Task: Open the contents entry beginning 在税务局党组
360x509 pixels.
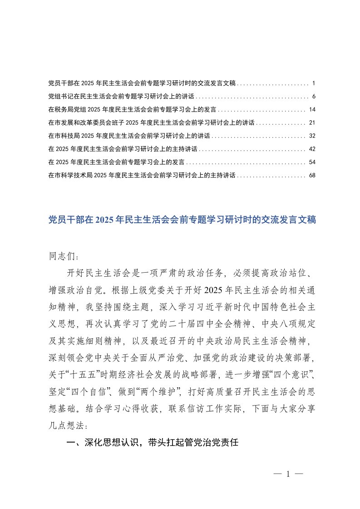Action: coord(131,110)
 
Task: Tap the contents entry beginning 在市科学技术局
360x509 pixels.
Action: coord(141,175)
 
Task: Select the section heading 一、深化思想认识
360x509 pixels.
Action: coord(152,443)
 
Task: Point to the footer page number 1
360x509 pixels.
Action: coord(288,475)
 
